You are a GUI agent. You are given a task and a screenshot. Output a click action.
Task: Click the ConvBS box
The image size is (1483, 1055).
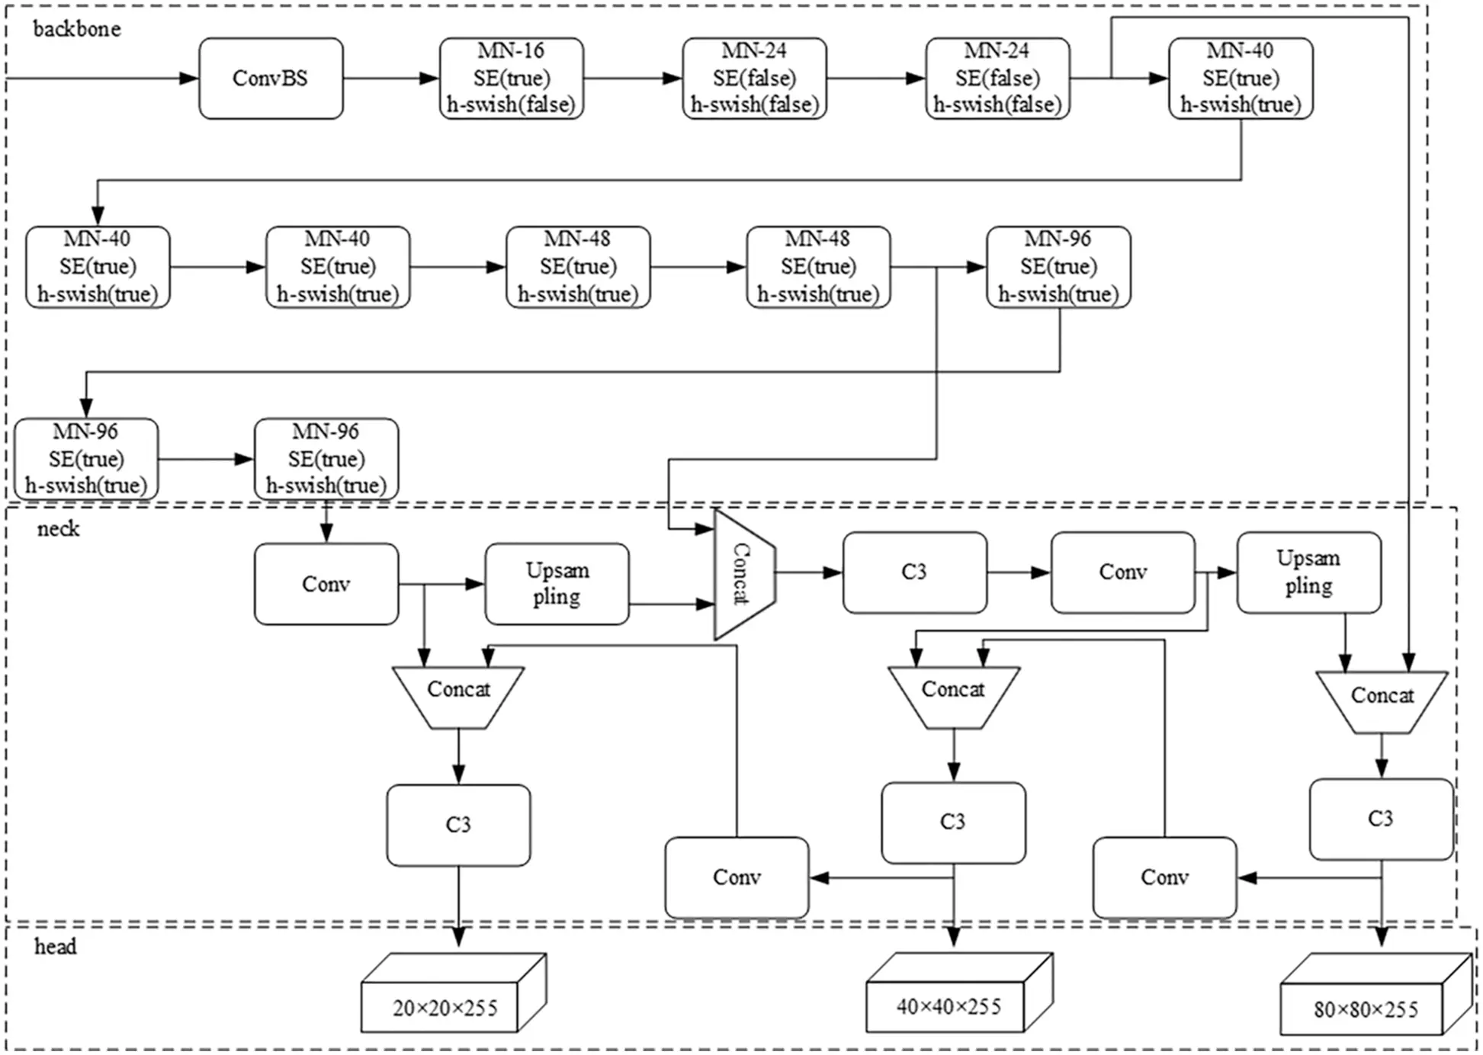pos(271,79)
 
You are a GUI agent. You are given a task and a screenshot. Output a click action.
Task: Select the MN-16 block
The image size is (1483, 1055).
pos(511,79)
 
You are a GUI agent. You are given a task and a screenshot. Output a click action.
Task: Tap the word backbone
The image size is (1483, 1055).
pos(76,29)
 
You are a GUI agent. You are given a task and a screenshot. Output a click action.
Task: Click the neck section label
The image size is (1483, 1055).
pos(58,529)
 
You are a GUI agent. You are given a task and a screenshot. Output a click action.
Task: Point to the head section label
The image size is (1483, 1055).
pos(55,947)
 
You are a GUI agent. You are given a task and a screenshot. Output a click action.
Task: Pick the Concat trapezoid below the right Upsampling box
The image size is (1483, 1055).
pos(1382,700)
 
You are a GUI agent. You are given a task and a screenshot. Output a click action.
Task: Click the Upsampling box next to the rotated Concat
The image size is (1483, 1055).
pos(557,584)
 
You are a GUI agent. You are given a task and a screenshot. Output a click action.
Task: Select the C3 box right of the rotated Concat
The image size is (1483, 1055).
pos(914,572)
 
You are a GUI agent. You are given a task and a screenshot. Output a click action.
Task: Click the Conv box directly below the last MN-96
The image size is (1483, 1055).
pos(326,584)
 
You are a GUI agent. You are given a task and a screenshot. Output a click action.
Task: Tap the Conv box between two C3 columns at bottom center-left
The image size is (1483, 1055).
pos(737,877)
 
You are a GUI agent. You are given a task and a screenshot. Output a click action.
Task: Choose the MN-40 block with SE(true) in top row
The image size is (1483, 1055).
pos(1240,79)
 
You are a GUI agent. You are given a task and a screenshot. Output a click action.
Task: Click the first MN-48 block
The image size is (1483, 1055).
pos(577,267)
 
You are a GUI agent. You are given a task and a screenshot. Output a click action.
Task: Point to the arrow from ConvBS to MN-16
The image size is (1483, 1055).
pos(390,79)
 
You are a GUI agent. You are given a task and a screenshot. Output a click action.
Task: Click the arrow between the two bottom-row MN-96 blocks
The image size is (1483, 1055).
pos(206,459)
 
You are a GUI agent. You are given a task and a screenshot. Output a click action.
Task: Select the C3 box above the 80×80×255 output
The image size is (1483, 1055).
pos(1381,819)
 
